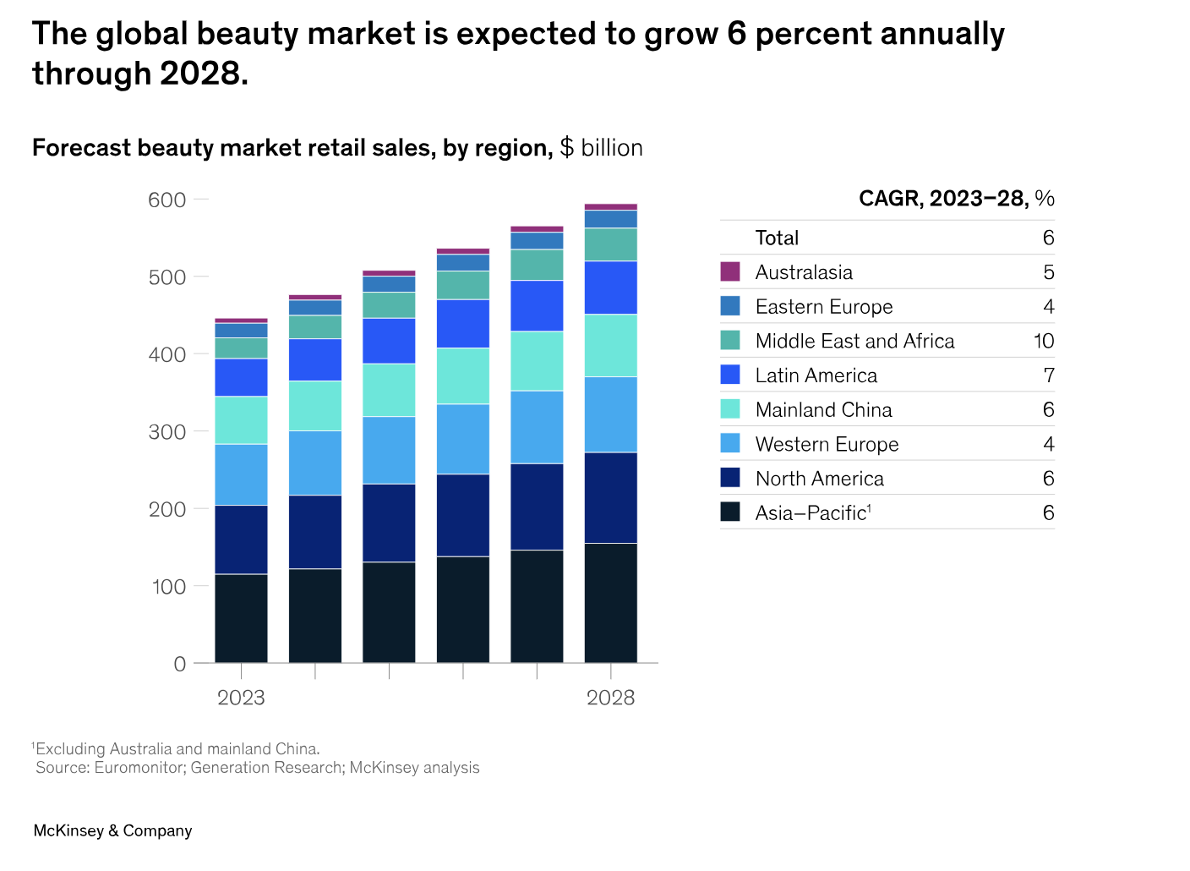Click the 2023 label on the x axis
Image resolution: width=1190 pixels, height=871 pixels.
241,698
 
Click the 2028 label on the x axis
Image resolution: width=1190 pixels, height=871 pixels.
610,698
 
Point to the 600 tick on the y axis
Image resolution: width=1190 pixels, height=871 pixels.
166,200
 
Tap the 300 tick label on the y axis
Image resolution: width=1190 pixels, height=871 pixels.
166,432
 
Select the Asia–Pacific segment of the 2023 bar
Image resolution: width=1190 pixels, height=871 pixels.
241,618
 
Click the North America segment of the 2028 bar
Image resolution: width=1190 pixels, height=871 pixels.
610,497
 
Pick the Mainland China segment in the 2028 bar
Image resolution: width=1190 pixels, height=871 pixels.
610,345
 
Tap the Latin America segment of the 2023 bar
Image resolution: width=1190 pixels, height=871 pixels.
241,377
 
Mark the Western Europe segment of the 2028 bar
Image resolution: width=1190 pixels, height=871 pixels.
610,414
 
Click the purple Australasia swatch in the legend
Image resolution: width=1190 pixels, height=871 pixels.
730,271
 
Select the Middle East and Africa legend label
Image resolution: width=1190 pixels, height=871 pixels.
854,341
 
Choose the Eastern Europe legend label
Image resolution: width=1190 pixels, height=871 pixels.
823,307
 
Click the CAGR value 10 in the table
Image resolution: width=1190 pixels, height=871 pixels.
1044,341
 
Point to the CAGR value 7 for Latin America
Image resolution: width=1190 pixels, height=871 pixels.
1048,375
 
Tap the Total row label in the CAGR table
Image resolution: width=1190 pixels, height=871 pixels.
777,238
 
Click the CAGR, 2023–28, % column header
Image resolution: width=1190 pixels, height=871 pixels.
956,199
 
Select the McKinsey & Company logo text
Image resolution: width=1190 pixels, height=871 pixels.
112,830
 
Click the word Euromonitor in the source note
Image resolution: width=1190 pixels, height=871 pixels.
139,768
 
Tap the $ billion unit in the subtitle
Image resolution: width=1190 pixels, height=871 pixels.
601,148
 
